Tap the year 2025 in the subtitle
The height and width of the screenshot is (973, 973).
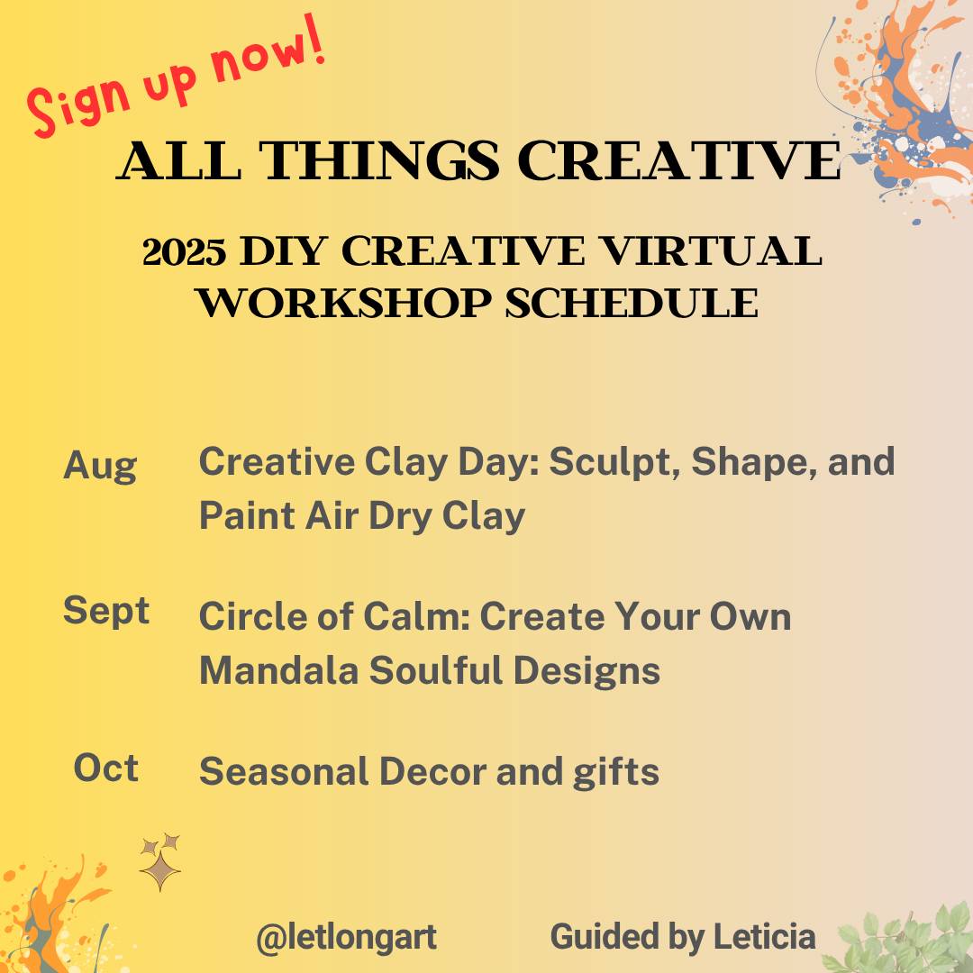[185, 252]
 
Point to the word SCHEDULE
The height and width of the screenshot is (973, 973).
[632, 304]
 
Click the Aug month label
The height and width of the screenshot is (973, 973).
[100, 466]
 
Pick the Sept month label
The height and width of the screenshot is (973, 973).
[106, 612]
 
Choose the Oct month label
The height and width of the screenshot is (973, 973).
[106, 768]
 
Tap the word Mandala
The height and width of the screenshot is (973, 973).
[278, 671]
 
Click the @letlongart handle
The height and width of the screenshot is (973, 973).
[346, 938]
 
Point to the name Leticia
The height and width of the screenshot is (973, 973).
[765, 936]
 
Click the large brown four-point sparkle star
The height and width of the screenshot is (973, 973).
[160, 870]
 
